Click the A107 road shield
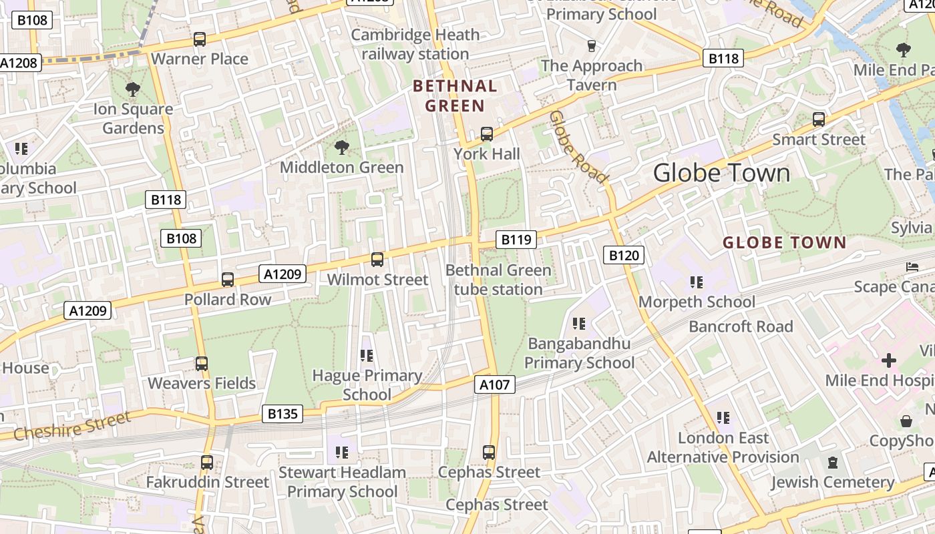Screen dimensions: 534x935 [x=495, y=384]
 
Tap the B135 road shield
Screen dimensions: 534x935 [x=282, y=414]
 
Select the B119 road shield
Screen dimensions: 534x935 [x=516, y=240]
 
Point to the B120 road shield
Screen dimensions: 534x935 [x=624, y=254]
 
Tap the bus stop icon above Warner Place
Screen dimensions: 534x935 [x=200, y=39]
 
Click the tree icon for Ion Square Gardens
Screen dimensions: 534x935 [x=133, y=89]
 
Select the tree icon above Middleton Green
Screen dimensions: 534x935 [x=341, y=148]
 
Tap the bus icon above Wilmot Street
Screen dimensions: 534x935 [x=377, y=260]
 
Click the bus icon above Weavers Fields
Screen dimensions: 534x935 [x=202, y=364]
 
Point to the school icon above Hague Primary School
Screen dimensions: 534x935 [x=366, y=356]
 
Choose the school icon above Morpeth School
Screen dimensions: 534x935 [x=697, y=282]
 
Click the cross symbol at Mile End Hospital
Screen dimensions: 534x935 [x=888, y=360]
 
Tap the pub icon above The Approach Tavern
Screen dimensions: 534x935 [x=591, y=45]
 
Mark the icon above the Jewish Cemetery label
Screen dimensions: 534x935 [x=832, y=463]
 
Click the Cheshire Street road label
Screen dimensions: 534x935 [x=72, y=426]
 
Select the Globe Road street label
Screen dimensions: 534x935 [x=578, y=147]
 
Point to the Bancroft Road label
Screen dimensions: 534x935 [x=741, y=326]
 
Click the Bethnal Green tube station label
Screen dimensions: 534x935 [x=498, y=280]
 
